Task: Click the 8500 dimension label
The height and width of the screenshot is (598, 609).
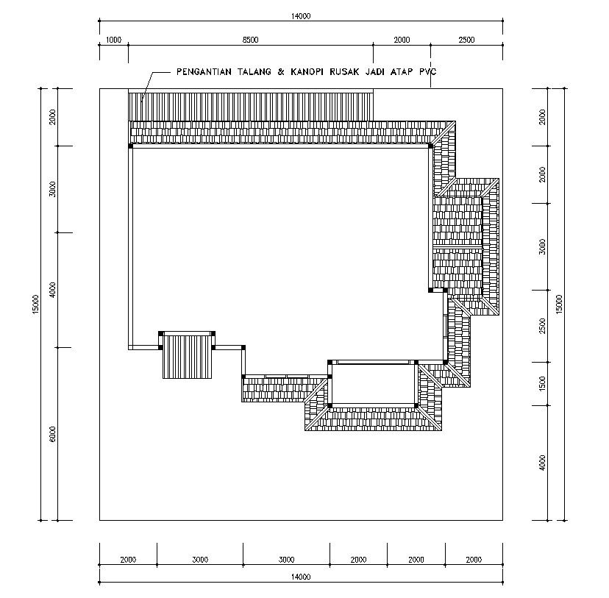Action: coord(251,40)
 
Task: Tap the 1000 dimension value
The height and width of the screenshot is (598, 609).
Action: coord(113,40)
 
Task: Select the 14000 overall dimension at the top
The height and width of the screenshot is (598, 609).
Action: coord(301,16)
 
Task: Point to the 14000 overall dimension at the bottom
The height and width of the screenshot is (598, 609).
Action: coord(301,577)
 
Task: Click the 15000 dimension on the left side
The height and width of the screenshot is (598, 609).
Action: coord(35,304)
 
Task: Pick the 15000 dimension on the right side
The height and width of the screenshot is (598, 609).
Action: coord(559,304)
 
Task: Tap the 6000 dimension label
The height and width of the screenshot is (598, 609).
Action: coord(52,434)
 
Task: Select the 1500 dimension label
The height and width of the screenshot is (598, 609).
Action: coord(542,383)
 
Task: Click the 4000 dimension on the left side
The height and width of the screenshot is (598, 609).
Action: coord(52,290)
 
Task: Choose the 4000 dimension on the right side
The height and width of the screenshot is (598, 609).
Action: coord(542,463)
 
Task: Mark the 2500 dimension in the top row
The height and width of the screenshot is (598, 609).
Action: coord(466,40)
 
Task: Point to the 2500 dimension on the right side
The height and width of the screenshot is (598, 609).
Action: coord(542,326)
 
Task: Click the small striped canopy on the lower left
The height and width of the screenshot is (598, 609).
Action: coord(187,357)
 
